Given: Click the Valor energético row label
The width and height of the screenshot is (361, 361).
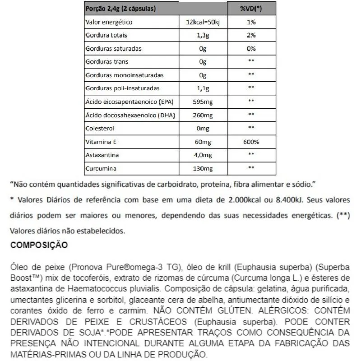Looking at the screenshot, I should tap(109, 22).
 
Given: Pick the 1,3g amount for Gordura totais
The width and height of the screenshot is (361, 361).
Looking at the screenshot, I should tap(202, 35).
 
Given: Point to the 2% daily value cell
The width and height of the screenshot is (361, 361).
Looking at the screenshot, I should tap(252, 35).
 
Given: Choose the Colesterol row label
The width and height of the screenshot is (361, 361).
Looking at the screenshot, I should tap(101, 129).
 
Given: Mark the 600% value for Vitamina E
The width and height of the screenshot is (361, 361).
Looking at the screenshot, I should tap(252, 142).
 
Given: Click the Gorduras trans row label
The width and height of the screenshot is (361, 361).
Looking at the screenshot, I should tap(106, 62).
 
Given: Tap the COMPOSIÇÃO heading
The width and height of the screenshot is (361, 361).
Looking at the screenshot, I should tap(39, 245).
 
